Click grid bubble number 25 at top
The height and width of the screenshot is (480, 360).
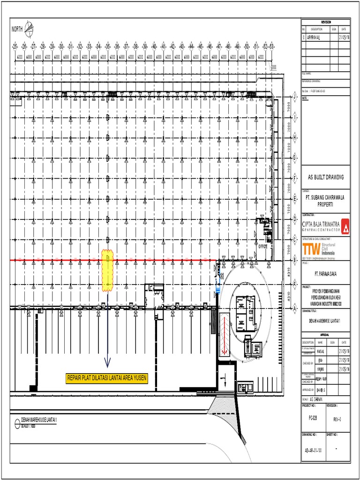coord(15,47)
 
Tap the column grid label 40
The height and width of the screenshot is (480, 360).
coord(154,47)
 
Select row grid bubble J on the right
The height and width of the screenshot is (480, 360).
coord(295,97)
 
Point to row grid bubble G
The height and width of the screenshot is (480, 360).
coord(295,158)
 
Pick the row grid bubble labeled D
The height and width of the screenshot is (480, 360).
coord(295,219)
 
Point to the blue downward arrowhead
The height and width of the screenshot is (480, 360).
coord(107,362)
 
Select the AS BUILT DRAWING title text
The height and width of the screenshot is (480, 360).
coord(325,177)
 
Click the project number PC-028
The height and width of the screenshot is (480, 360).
coord(313,416)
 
